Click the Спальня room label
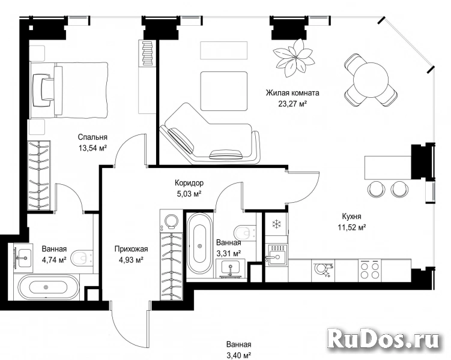click(x=92, y=137)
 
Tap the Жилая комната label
click(x=292, y=93)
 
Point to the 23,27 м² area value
click(x=292, y=104)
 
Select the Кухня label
click(x=351, y=216)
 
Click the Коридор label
click(x=189, y=183)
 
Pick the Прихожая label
click(x=131, y=249)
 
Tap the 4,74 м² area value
click(x=54, y=260)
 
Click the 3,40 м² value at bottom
click(x=239, y=355)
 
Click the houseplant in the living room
click(x=294, y=58)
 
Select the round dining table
click(x=371, y=80)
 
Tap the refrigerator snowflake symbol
click(x=276, y=224)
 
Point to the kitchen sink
click(x=276, y=254)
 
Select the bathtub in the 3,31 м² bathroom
click(x=199, y=245)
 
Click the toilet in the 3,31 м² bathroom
click(x=245, y=232)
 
